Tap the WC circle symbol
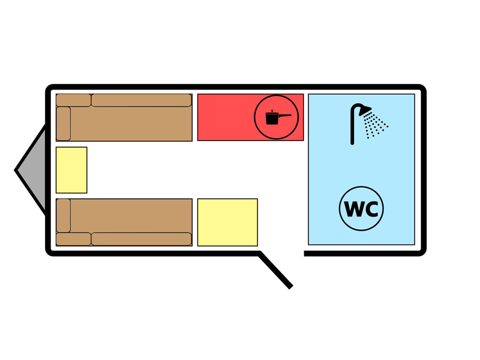pyautogui.click(x=361, y=209)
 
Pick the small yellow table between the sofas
pyautogui.click(x=71, y=170)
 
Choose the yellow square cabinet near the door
pyautogui.click(x=227, y=222)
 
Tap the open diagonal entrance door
pyautogui.click(x=276, y=270)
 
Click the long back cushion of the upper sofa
pyautogui.click(x=141, y=100)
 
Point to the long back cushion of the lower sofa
pyautogui.click(x=141, y=239)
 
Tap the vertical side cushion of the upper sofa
pyautogui.click(x=64, y=123)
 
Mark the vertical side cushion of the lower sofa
pyautogui.click(x=64, y=215)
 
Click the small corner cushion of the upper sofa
pyautogui.click(x=73, y=100)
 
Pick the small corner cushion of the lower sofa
pyautogui.click(x=73, y=239)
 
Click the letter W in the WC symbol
pyautogui.click(x=353, y=209)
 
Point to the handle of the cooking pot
pyautogui.click(x=285, y=115)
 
